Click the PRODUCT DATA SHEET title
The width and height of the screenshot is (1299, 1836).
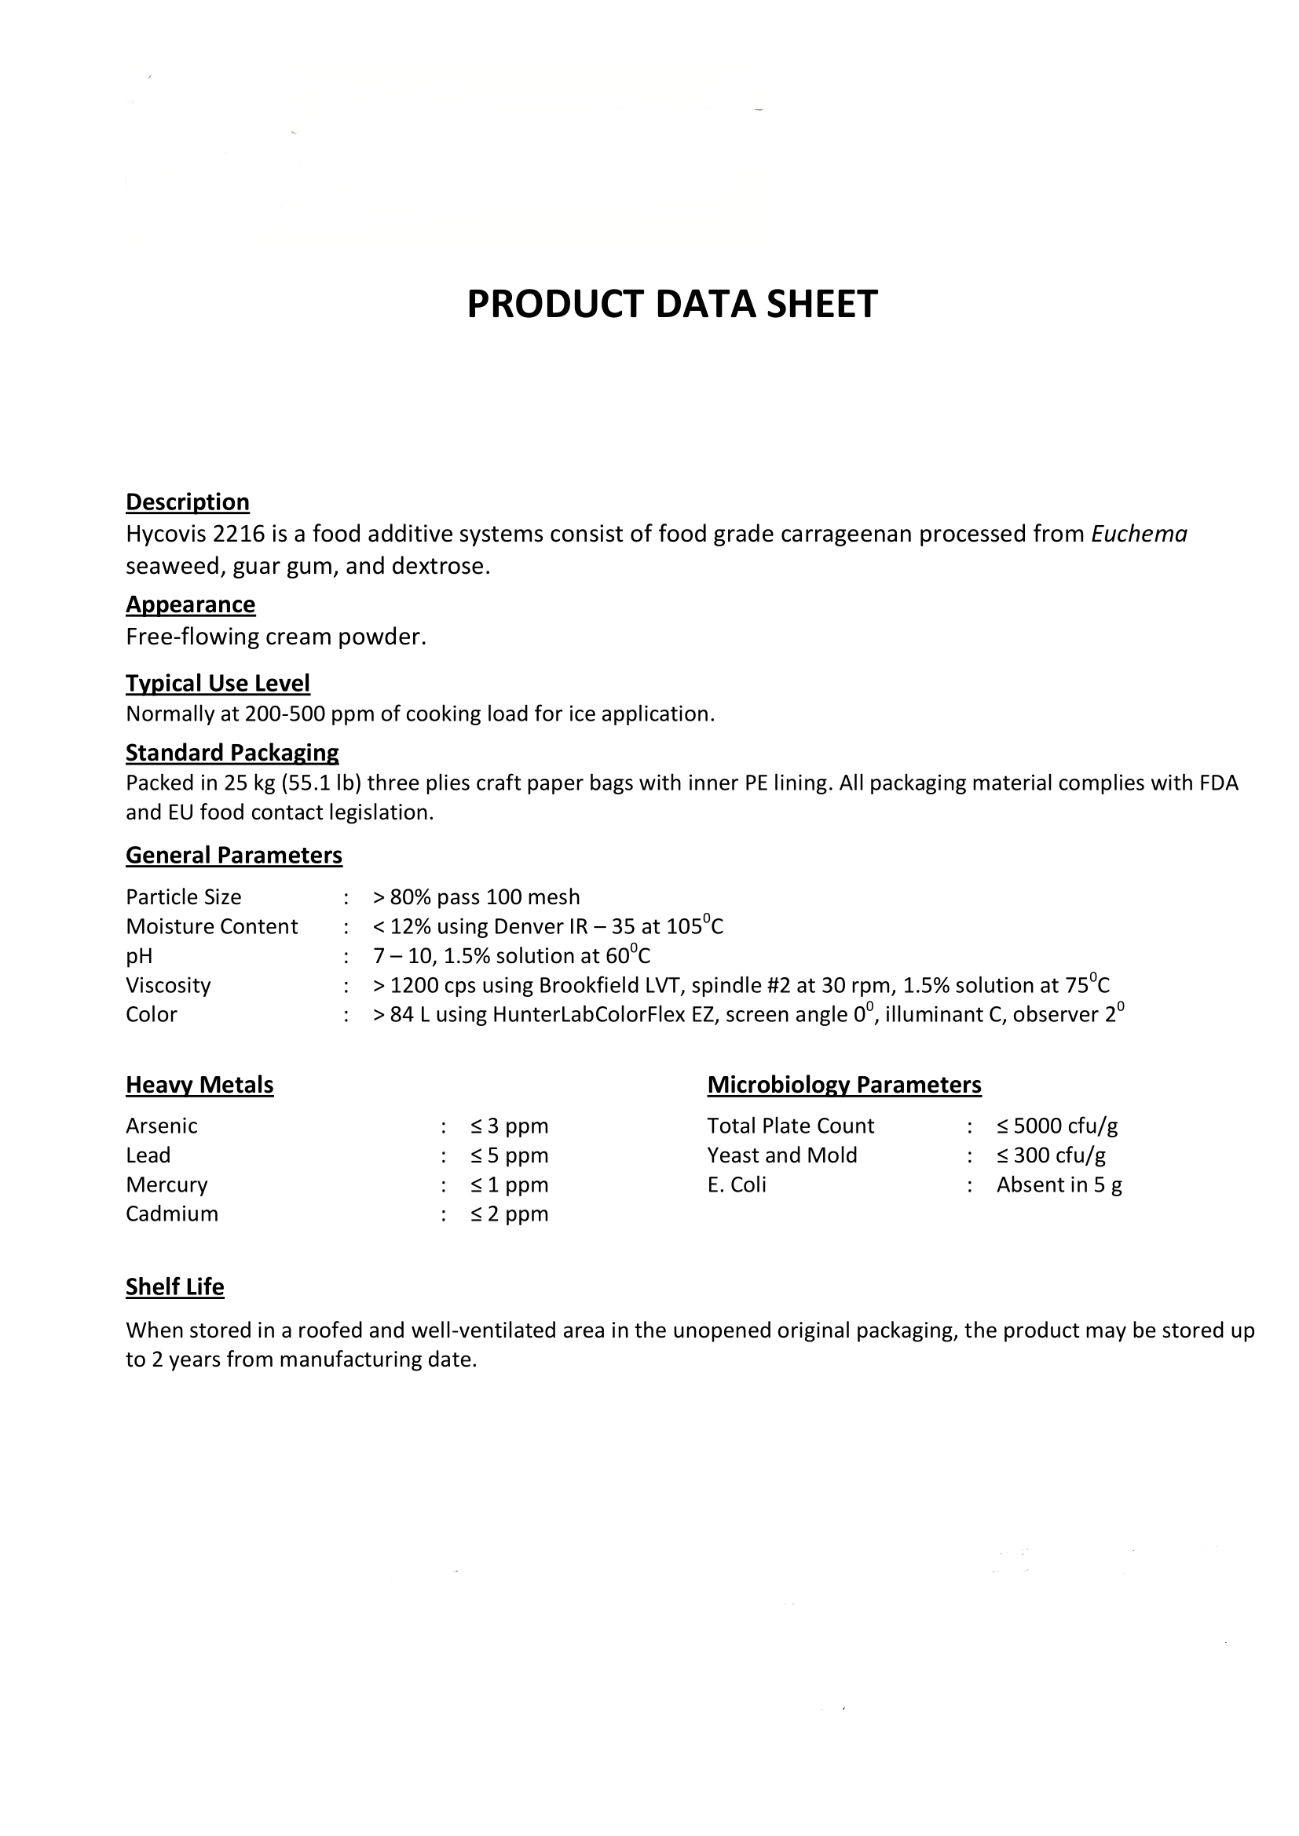672,305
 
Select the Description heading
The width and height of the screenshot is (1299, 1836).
187,502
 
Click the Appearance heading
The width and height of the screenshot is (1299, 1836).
190,604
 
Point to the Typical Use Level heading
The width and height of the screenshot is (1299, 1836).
218,683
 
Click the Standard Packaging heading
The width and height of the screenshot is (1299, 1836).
232,753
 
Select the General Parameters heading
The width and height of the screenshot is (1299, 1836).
233,855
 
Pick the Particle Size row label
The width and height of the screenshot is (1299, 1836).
183,897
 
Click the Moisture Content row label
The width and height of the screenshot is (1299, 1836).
211,926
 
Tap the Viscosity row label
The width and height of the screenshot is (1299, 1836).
168,985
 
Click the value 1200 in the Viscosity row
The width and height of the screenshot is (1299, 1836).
415,985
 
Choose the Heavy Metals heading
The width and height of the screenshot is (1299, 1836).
199,1084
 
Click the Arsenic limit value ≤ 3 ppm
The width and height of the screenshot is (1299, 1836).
510,1126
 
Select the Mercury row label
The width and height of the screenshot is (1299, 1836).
166,1184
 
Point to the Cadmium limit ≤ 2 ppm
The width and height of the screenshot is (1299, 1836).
510,1214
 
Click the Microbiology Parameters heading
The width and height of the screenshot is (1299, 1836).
843,1084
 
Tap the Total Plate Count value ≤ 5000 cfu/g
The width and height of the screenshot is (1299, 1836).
1056,1126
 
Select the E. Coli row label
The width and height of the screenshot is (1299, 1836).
736,1184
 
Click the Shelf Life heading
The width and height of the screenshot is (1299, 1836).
174,1287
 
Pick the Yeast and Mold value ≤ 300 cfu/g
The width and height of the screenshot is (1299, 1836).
1051,1155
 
